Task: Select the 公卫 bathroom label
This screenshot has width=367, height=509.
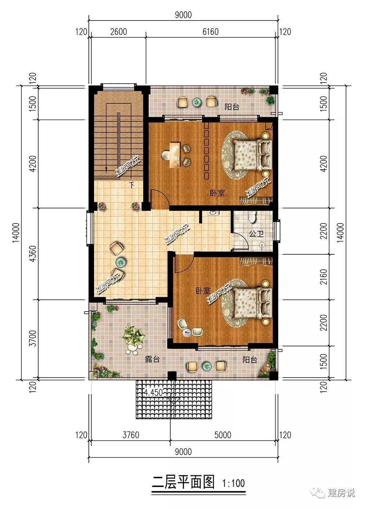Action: click(256, 234)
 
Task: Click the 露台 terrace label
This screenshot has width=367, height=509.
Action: click(152, 359)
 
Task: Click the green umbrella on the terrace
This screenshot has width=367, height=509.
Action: click(133, 336)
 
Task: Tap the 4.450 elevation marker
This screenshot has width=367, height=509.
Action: click(153, 392)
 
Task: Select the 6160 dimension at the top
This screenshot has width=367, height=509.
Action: click(210, 32)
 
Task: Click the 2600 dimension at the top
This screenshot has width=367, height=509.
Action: click(119, 32)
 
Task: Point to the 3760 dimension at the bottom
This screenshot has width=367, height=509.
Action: click(131, 435)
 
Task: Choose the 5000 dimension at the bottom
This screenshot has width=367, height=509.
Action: click(223, 435)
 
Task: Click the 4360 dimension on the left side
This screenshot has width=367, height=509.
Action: click(33, 254)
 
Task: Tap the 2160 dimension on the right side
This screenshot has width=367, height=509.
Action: click(323, 277)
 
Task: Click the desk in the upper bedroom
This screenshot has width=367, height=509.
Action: click(175, 155)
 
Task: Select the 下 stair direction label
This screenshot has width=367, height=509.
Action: click(132, 185)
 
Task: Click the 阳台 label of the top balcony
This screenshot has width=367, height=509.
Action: click(232, 107)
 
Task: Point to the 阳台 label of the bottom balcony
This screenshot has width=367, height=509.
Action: click(250, 360)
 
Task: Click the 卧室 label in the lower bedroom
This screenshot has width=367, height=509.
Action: click(203, 291)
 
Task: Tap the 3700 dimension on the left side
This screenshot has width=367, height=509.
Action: click(33, 338)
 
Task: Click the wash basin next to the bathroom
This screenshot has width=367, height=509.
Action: click(213, 213)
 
